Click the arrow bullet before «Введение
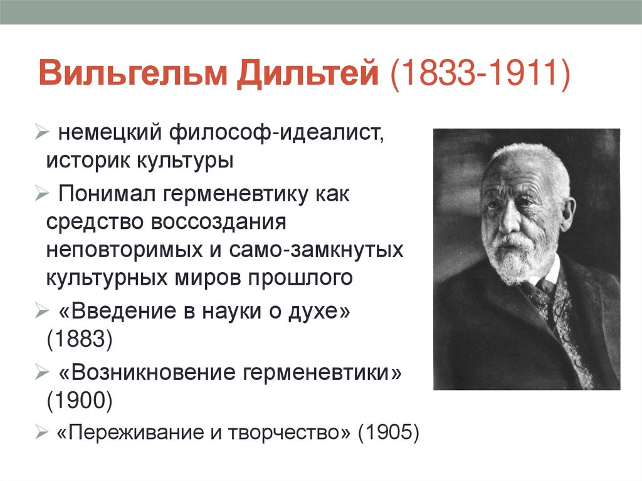[39, 310]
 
